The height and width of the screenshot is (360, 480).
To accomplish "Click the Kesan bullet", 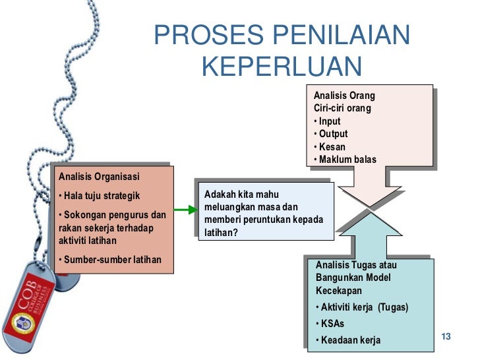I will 330,147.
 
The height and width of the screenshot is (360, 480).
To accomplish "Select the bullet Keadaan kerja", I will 349,340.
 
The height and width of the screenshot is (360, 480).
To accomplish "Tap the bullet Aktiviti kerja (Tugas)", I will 362,307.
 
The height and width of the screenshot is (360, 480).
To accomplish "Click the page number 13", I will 445,338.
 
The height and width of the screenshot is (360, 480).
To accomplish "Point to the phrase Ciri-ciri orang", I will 342,108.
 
